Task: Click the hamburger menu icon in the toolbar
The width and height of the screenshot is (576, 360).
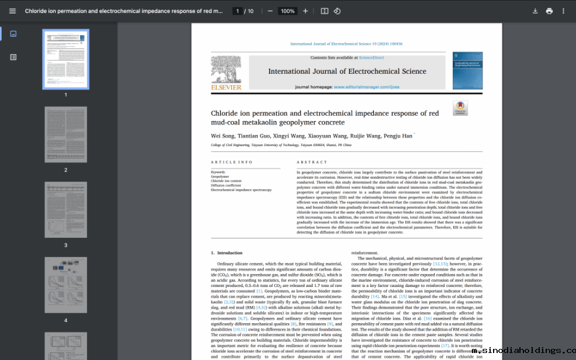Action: click(x=12, y=11)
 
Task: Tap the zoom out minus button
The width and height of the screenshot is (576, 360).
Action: click(x=270, y=11)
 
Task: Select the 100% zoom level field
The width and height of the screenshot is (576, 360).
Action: click(x=287, y=11)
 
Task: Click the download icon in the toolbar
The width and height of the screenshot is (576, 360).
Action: click(x=535, y=11)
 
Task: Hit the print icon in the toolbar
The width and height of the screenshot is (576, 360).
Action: click(x=549, y=11)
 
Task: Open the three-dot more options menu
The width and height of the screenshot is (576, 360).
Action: click(x=563, y=11)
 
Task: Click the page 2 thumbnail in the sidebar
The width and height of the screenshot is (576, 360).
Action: click(x=65, y=134)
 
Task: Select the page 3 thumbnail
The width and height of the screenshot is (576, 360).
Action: click(x=65, y=209)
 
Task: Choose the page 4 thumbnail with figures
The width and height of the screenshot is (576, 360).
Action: click(x=65, y=285)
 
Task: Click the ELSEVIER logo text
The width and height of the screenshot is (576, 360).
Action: click(x=226, y=88)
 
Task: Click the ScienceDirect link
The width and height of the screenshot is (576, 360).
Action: click(x=371, y=58)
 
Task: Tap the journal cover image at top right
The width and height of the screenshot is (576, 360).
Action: click(x=467, y=71)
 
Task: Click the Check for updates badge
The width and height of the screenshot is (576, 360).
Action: click(x=460, y=108)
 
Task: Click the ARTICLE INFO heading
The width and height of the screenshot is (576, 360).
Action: click(x=232, y=162)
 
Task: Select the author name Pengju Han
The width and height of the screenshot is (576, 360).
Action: click(x=399, y=136)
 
